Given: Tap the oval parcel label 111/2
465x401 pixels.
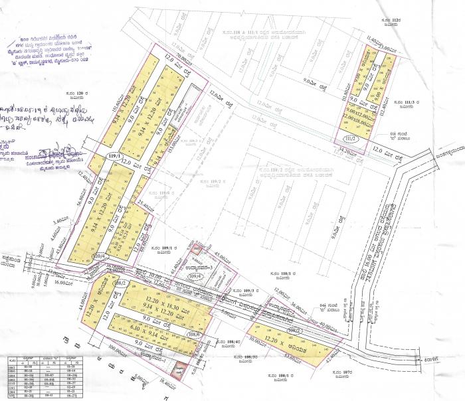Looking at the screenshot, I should pyautogui.click(x=351, y=138).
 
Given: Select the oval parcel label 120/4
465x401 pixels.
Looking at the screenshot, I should pyautogui.click(x=98, y=256).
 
